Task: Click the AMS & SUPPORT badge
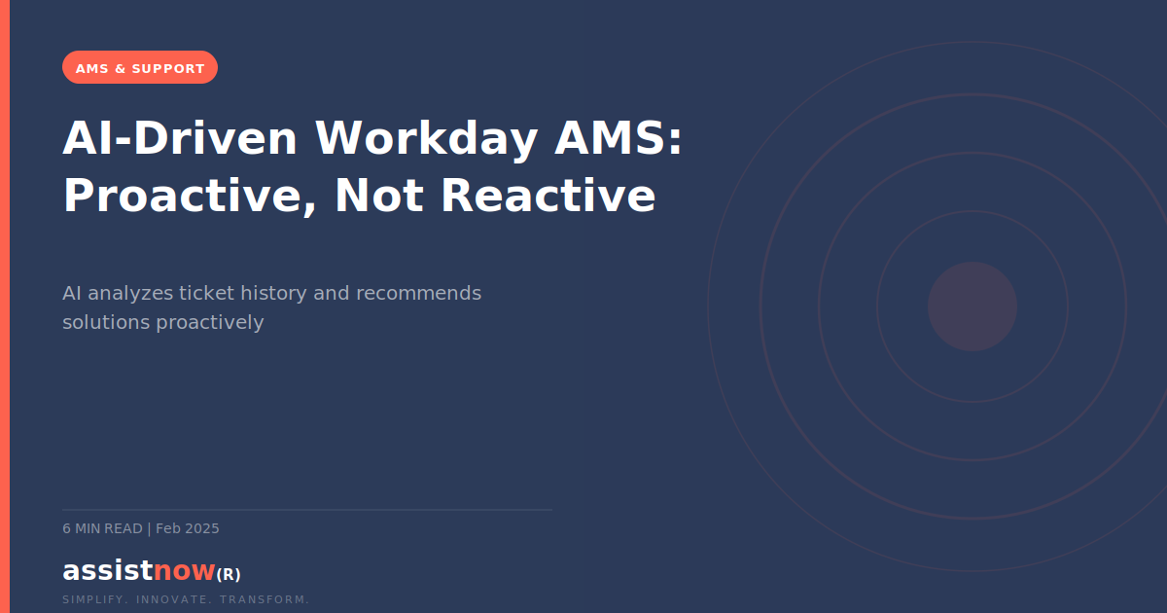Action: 140,68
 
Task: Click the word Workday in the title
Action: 426,138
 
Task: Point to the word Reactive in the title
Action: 548,196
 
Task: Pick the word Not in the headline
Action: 379,196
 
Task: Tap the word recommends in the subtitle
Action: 418,293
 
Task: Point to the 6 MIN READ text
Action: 102,528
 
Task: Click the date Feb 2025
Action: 188,528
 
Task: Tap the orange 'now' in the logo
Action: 184,570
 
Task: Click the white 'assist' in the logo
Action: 107,570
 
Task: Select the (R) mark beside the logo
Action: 229,574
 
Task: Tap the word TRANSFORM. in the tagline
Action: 265,599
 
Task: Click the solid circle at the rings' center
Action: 972,306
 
